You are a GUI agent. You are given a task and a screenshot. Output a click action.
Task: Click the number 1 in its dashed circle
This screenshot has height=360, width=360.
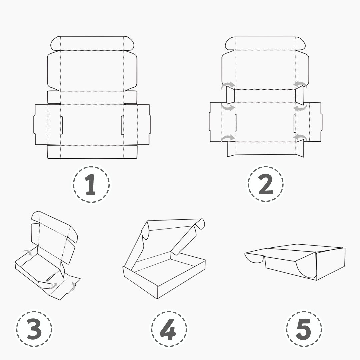91,185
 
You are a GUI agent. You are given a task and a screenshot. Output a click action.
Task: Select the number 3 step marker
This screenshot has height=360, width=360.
34,329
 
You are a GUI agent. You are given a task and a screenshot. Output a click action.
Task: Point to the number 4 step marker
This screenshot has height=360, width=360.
169,329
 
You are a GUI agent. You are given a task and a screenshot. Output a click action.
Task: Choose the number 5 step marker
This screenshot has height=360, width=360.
304,329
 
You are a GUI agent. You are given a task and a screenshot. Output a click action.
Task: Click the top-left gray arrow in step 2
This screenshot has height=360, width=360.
228,85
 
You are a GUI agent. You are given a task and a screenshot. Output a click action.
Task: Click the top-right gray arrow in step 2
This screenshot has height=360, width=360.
300,85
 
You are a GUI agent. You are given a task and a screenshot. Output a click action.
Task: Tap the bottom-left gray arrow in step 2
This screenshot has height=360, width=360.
228,138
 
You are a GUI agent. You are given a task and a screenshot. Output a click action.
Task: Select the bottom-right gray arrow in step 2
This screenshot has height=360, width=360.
300,138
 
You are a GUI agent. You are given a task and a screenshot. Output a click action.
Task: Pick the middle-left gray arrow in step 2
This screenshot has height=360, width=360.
228,107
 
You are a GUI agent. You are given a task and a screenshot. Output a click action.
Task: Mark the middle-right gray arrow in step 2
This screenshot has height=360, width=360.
300,107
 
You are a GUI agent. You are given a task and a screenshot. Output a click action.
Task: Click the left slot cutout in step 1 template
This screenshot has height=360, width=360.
62,125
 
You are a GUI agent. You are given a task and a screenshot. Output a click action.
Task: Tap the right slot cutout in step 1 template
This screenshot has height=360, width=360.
122,125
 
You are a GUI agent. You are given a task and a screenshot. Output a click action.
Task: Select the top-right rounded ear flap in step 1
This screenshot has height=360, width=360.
129,43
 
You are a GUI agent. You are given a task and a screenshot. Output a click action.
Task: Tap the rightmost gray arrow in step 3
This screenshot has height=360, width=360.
73,286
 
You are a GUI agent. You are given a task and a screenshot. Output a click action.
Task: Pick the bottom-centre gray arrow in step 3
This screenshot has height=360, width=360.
53,286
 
